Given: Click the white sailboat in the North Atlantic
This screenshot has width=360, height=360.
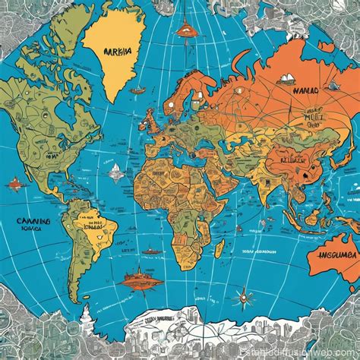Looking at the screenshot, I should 115,172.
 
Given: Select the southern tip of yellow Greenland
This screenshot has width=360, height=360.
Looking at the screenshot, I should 115,103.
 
